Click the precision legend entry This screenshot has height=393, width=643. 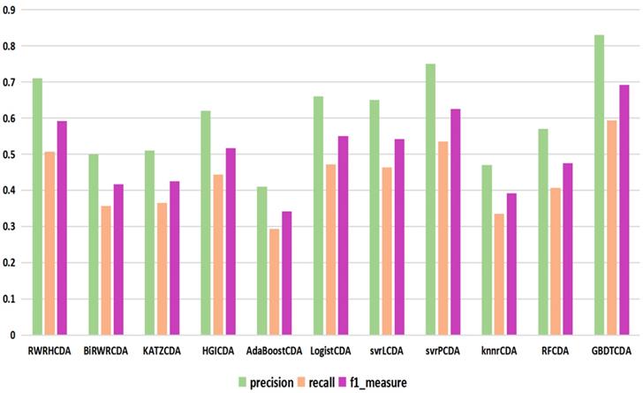(x=269, y=382)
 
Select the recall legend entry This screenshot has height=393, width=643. (x=323, y=382)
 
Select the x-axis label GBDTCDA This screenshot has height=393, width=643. (x=611, y=351)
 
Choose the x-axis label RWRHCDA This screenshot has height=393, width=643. (x=50, y=351)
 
